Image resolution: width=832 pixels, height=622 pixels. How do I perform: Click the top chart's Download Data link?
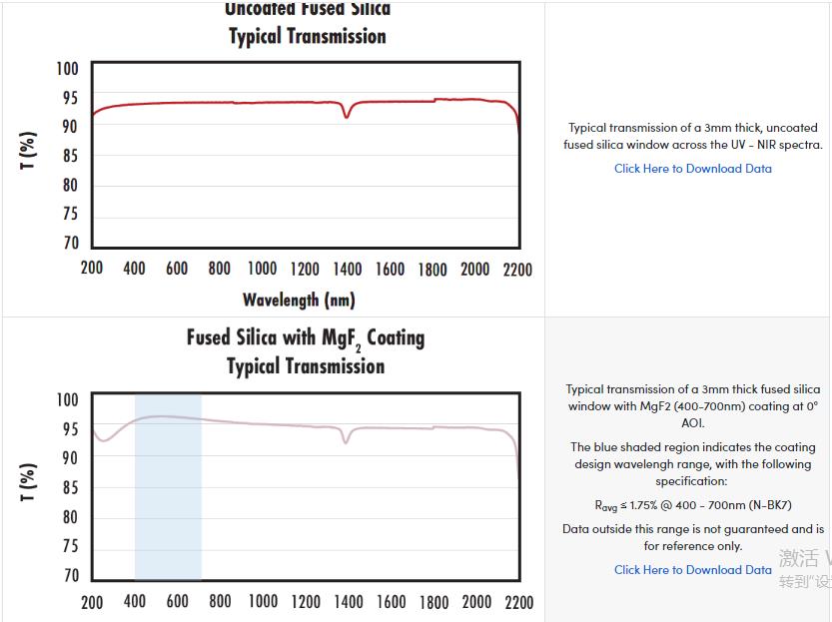click(692, 169)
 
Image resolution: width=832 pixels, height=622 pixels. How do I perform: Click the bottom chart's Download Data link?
click(692, 570)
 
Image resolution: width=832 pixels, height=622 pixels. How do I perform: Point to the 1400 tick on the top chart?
click(348, 270)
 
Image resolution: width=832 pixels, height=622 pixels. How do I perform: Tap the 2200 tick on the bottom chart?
click(519, 602)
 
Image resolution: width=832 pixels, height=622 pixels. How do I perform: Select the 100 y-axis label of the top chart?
click(67, 69)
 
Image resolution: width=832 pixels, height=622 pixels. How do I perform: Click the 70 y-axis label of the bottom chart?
click(69, 576)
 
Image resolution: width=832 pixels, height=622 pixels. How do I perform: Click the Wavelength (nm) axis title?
click(299, 300)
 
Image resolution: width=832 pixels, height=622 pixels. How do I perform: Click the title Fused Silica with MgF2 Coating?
click(305, 337)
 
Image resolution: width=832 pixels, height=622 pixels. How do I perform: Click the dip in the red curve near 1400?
click(347, 116)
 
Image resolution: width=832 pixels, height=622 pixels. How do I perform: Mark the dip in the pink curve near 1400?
click(347, 440)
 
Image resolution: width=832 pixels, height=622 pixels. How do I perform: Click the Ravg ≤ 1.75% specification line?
click(693, 506)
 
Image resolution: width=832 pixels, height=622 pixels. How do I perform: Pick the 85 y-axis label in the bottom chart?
click(69, 488)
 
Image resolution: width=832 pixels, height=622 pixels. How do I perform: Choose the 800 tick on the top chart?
click(220, 270)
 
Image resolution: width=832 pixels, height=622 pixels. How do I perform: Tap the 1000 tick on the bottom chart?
click(263, 602)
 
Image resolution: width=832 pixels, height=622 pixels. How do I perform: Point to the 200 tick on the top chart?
click(92, 270)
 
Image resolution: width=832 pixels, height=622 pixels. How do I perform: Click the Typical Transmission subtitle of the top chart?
click(307, 37)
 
